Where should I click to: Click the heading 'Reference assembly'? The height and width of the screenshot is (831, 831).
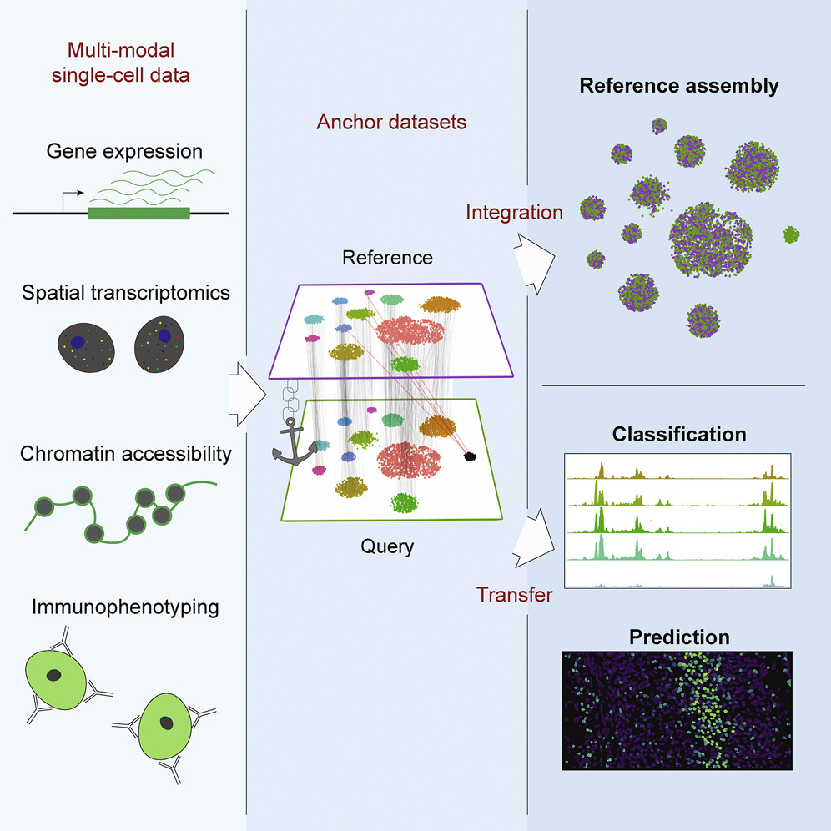(x=678, y=86)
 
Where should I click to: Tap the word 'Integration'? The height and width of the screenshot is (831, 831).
(x=515, y=212)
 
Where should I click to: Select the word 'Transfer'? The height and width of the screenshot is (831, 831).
(x=515, y=595)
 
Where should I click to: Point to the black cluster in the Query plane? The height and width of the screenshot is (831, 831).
(x=470, y=456)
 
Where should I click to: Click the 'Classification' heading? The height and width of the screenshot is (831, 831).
(x=678, y=435)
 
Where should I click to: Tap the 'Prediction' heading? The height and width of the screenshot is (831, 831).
(x=678, y=637)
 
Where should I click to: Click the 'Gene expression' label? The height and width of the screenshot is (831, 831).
(x=124, y=152)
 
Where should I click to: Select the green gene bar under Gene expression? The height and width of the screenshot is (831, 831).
(x=138, y=214)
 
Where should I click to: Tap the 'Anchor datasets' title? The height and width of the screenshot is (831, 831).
(x=391, y=123)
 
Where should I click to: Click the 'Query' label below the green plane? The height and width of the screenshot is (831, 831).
(x=387, y=547)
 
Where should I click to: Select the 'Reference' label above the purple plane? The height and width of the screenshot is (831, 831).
(x=387, y=257)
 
